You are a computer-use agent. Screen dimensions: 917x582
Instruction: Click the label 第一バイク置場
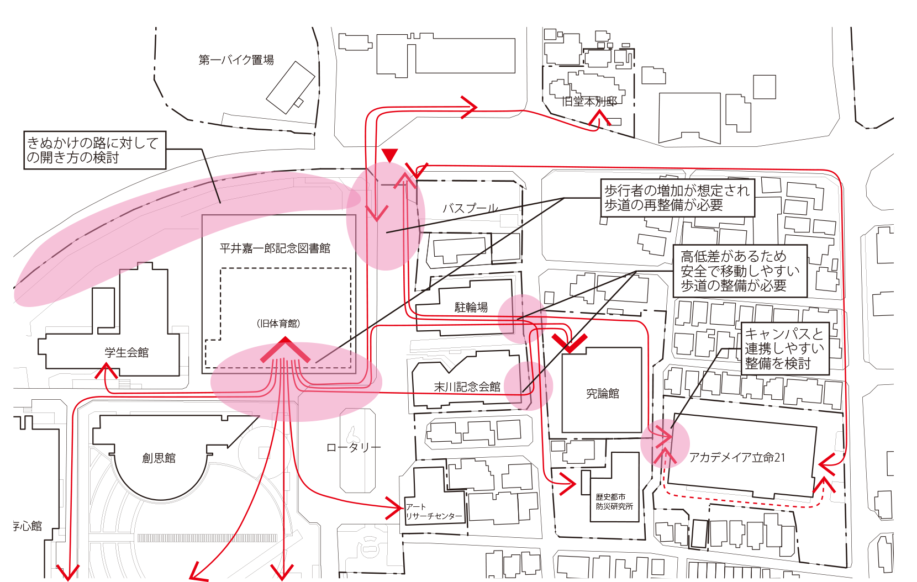(236, 60)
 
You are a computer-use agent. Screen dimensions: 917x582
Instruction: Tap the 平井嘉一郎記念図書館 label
(275, 248)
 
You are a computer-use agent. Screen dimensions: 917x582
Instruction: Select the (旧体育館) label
(278, 324)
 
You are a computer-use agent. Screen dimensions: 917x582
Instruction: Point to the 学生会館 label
(127, 352)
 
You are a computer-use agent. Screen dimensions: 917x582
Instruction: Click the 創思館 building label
(159, 458)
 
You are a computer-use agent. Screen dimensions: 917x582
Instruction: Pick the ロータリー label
(354, 447)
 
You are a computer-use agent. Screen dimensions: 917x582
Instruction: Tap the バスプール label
(470, 208)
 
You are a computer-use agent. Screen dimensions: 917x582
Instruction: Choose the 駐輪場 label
(471, 307)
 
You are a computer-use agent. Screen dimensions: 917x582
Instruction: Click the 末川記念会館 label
(467, 387)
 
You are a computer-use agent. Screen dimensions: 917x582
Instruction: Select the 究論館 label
(603, 393)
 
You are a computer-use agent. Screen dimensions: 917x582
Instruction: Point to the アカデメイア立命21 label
(737, 457)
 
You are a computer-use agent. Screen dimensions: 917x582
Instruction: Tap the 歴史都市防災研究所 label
(614, 502)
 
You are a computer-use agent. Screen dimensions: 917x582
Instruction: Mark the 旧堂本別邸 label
(589, 101)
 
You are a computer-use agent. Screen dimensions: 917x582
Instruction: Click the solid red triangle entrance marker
(390, 156)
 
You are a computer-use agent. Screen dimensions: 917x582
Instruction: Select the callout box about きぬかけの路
(95, 150)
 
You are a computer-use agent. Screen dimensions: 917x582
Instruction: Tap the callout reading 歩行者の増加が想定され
(677, 198)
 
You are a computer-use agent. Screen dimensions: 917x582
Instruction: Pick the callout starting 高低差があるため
(740, 271)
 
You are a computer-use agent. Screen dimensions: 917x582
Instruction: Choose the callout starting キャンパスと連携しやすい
(785, 348)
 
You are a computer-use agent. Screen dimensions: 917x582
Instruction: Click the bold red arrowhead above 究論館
(570, 343)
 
